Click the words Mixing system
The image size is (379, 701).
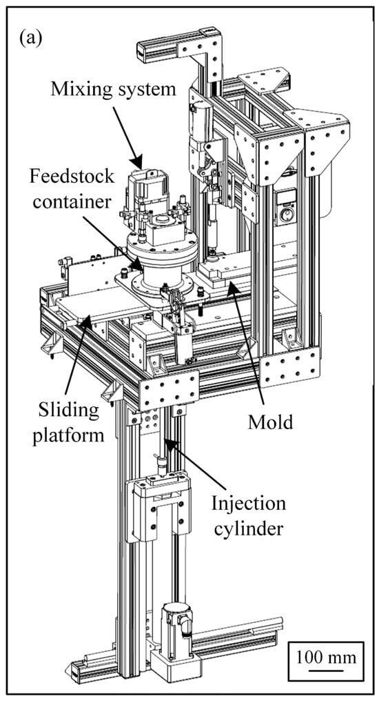coord(114,89)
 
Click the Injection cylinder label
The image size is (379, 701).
coord(249,516)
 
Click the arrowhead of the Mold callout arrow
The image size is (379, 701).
coord(230,288)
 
